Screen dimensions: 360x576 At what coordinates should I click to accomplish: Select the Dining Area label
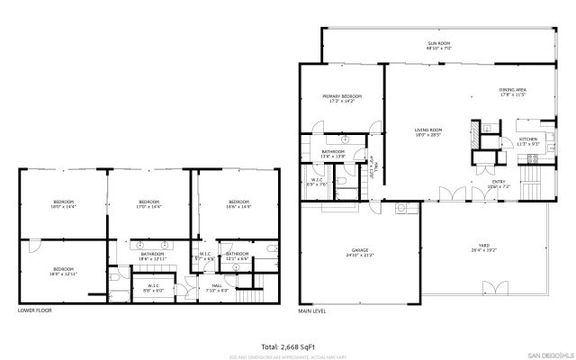[512, 90]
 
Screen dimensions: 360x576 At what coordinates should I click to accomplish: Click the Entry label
[498, 183]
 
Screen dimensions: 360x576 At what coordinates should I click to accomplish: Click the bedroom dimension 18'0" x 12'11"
[62, 273]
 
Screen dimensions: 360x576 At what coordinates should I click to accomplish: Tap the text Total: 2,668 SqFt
[288, 346]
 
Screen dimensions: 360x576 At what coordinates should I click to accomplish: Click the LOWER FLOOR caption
[35, 310]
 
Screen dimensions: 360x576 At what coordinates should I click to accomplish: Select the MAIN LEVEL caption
[314, 310]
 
